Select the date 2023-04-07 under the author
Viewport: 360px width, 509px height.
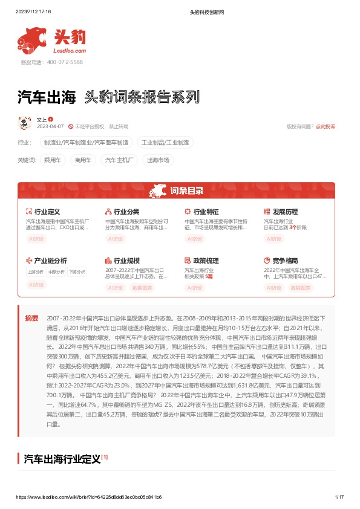coord(50,126)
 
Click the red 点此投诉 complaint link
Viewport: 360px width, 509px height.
coord(326,126)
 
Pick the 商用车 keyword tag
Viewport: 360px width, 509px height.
coord(83,160)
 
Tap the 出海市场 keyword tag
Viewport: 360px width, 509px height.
coord(159,160)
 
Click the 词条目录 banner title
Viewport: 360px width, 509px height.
coord(180,192)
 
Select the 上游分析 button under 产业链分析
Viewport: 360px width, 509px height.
coord(35,272)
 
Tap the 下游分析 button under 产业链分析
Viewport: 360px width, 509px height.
coord(76,272)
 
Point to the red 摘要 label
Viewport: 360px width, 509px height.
coord(31,318)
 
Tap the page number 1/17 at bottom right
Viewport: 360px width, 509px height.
coord(339,497)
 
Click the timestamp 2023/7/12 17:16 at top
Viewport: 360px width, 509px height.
coord(33,11)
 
